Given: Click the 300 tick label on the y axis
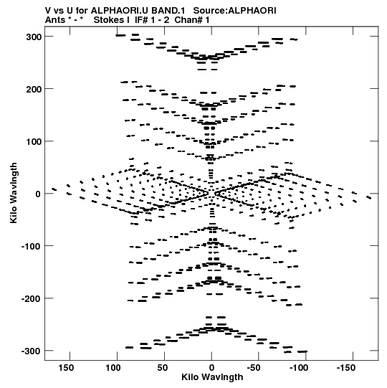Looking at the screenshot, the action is pos(34,37).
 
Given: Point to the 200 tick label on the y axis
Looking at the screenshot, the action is pos(34,90).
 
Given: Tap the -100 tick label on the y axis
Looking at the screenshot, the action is pos(31,247).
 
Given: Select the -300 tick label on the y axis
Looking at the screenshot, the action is pos(31,351).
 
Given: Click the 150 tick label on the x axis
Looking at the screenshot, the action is pos(66,368).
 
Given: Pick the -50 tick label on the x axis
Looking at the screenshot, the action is pos(254,368).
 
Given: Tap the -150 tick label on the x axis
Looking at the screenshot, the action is pos(345,368).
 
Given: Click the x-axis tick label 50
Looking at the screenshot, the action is pos(162,368).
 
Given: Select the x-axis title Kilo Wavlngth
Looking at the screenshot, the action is pos(212,377).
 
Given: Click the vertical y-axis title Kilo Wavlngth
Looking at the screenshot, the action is pos(14,193).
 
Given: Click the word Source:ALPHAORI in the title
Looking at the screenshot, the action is pos(234,10).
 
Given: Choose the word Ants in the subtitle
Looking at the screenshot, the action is pos(54,20).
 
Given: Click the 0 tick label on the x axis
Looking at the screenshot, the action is pos(211,368).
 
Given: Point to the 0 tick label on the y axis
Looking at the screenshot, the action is pos(38,194).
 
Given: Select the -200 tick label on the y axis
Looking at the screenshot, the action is pos(31,299).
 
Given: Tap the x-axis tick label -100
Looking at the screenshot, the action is pos(299,368).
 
